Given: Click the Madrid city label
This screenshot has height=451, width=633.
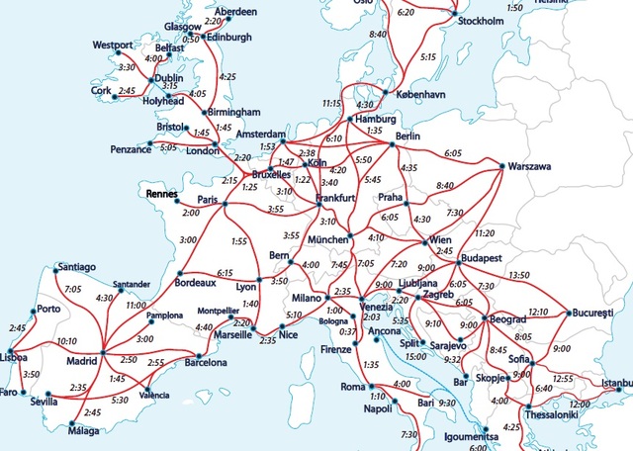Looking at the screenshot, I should (81, 362).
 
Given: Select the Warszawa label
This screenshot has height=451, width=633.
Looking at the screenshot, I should (529, 167).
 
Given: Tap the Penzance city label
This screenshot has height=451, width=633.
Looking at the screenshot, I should (131, 147).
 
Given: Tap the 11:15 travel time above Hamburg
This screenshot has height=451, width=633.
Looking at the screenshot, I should (331, 103).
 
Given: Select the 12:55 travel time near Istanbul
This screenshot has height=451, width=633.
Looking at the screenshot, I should (563, 379).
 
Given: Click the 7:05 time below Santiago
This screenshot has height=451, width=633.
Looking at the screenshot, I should (72, 289).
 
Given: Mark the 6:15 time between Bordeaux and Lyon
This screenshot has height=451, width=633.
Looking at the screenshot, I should (225, 272).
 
